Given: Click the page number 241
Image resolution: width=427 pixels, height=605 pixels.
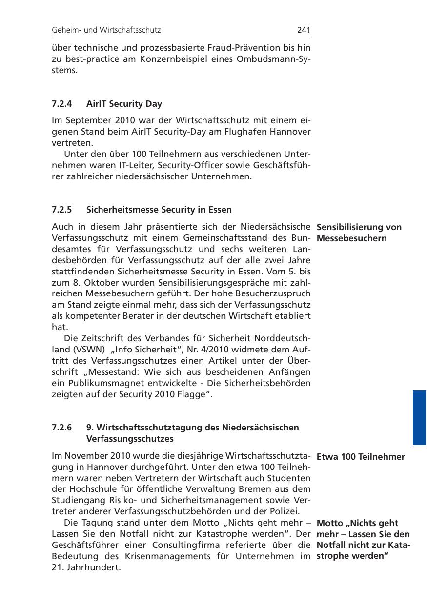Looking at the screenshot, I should tap(304, 30).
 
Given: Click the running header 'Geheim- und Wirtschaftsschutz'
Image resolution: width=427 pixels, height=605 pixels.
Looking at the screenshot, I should tap(106, 30).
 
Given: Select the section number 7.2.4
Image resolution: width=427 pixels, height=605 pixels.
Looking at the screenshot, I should tap(61, 104).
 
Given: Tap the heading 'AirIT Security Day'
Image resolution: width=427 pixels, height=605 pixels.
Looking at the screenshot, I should tap(124, 104).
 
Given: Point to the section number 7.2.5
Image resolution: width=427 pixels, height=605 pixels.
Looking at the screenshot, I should tap(61, 210).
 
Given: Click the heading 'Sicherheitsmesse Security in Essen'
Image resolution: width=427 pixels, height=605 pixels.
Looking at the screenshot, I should tap(159, 210).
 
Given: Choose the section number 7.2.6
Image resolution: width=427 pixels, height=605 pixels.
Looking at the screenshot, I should tap(61, 428).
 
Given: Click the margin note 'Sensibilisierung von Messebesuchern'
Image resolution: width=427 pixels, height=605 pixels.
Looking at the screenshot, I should tap(359, 233).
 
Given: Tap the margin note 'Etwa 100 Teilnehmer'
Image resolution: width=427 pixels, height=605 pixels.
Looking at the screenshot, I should tap(361, 457).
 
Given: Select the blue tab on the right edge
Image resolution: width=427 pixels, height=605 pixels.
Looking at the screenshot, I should tap(419, 417).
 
